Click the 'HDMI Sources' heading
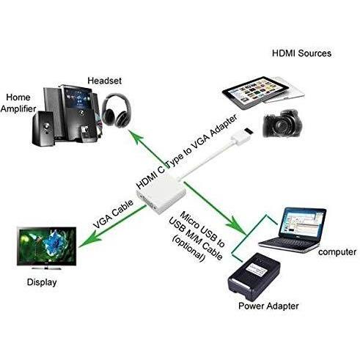(x=302, y=54)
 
